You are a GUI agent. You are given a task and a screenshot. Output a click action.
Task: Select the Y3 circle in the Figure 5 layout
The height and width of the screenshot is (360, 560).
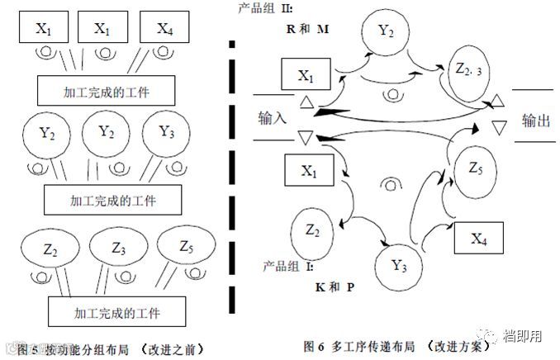pyautogui.click(x=164, y=134)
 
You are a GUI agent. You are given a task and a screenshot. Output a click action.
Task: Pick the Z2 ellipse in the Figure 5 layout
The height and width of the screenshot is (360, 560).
pyautogui.click(x=50, y=247)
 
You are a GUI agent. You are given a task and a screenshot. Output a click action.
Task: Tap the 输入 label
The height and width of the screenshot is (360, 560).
pyautogui.click(x=272, y=117)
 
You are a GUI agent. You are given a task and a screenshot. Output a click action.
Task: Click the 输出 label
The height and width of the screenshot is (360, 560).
pyautogui.click(x=534, y=120)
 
